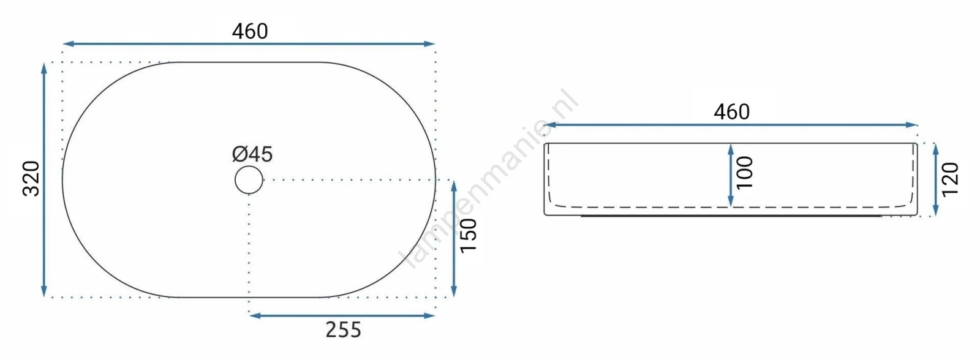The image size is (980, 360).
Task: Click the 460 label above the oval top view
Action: pyautogui.click(x=250, y=31)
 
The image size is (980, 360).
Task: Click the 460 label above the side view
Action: pyautogui.click(x=731, y=112)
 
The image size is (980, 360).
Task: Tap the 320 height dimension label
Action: pyautogui.click(x=31, y=179)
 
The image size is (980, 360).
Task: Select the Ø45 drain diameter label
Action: pyautogui.click(x=252, y=154)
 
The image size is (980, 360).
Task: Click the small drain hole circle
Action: pyautogui.click(x=249, y=180)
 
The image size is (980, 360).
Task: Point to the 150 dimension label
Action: pyautogui.click(x=468, y=235)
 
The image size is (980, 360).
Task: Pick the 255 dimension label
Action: pyautogui.click(x=344, y=330)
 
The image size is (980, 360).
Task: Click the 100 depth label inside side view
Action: pyautogui.click(x=745, y=173)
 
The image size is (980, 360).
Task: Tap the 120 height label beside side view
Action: pyautogui.click(x=950, y=180)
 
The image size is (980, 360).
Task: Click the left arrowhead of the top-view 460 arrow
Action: pyautogui.click(x=67, y=43)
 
